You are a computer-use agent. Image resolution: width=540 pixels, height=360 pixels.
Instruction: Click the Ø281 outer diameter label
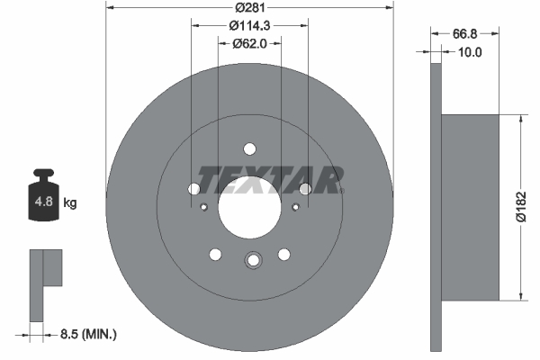tap(250, 8)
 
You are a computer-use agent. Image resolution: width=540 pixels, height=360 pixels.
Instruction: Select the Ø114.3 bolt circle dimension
tap(250, 25)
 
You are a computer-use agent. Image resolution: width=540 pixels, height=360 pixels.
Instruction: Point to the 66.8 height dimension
tap(464, 33)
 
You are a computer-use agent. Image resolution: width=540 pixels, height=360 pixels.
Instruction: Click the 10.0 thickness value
tap(470, 52)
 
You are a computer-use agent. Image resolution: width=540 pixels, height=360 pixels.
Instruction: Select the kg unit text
tap(70, 203)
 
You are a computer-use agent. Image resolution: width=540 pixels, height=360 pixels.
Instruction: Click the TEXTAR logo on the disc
tap(269, 180)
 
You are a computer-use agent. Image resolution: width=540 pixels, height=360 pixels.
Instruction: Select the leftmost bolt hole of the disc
tap(194, 189)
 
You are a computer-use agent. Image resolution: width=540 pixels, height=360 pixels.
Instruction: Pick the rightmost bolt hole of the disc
tap(306, 189)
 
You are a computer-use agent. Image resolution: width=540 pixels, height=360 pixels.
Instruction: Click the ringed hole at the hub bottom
tap(252, 260)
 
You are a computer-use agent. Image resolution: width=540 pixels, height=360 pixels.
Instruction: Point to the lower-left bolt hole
tap(216, 254)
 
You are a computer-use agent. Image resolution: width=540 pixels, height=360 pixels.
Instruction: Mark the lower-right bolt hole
tap(284, 254)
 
